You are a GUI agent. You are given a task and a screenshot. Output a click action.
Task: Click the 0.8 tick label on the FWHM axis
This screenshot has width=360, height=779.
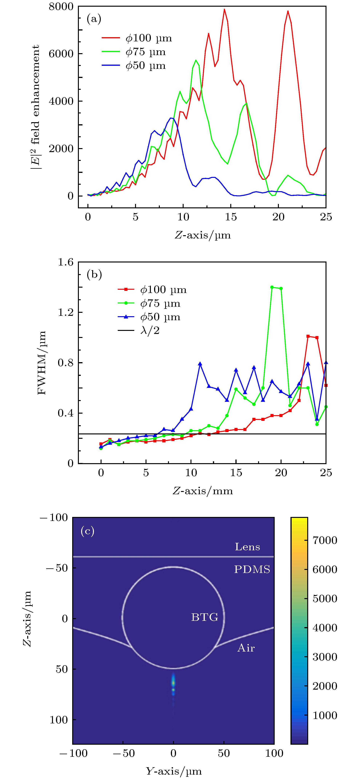(66, 363)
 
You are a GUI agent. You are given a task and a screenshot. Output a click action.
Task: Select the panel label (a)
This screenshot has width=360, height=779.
(94, 19)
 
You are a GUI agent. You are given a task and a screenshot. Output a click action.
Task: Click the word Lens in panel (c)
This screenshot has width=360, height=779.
(247, 547)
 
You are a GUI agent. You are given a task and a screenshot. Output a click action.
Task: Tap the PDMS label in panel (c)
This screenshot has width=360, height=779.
(252, 570)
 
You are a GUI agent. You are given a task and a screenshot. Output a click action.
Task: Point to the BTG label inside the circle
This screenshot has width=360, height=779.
(205, 617)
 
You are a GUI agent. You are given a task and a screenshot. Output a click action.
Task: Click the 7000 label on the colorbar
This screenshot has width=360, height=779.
(325, 540)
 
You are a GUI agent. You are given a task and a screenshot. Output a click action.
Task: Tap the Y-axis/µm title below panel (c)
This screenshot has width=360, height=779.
(174, 771)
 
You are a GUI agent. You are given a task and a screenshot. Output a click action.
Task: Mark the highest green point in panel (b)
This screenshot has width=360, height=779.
(272, 287)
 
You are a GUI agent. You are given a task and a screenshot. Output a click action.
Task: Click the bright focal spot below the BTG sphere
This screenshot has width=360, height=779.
(173, 682)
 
